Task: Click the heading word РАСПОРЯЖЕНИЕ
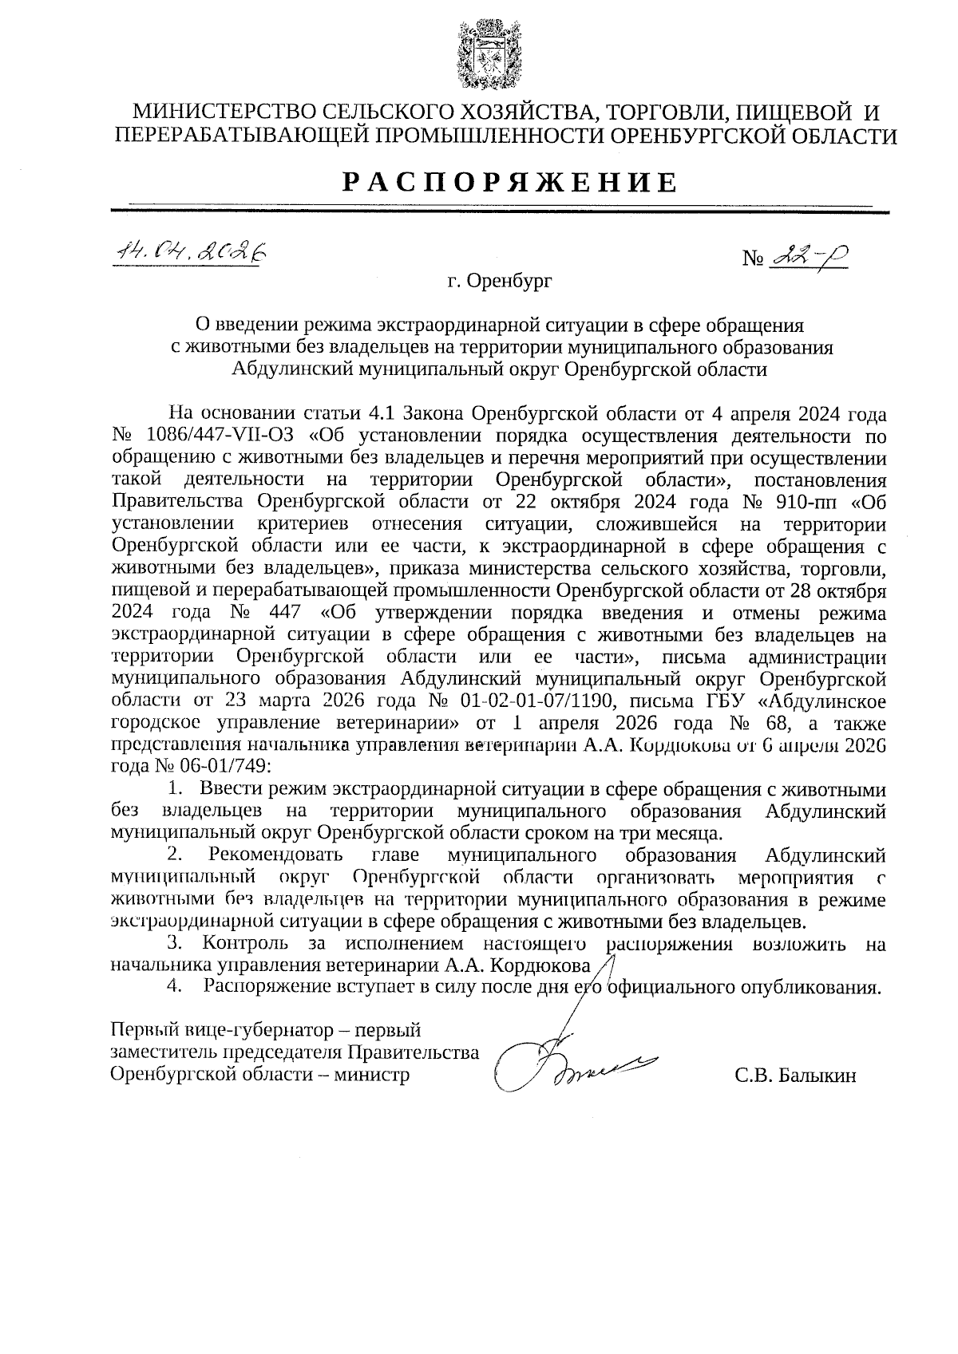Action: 510,183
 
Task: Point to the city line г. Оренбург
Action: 501,281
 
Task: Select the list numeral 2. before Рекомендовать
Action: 176,855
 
